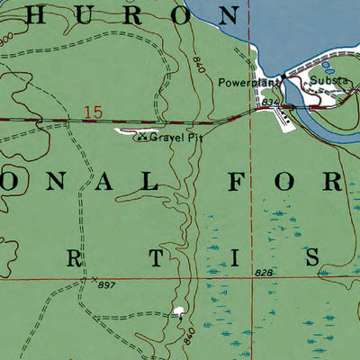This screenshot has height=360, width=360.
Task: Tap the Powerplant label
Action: [x=245, y=82]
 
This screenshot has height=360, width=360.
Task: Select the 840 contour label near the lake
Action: [x=199, y=66]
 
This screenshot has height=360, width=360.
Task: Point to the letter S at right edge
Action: [x=314, y=257]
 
